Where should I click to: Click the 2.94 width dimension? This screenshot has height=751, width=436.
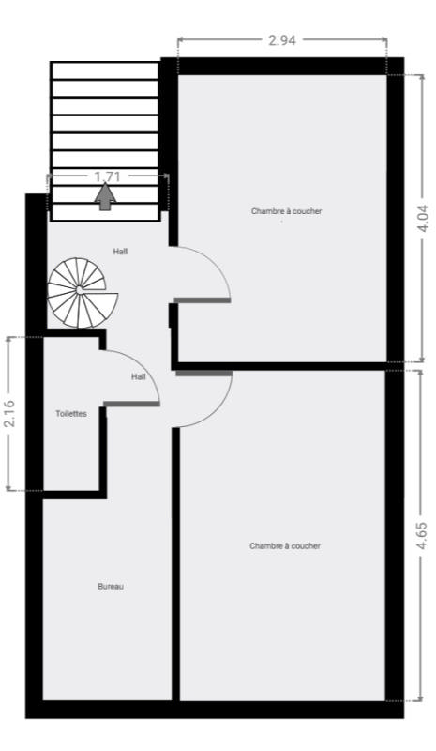tap(282, 40)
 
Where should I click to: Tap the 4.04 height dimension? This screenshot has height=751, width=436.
tap(423, 219)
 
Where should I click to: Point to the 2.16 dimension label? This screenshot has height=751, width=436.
tap(9, 413)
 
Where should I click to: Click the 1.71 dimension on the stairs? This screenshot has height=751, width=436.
tap(107, 176)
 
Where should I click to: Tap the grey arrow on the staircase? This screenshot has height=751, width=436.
tap(105, 196)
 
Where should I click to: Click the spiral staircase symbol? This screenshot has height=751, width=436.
tap(83, 293)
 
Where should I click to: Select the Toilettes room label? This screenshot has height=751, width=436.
tap(71, 414)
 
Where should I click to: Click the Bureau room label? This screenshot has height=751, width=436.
tap(111, 586)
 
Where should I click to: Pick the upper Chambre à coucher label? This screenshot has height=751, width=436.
tap(286, 211)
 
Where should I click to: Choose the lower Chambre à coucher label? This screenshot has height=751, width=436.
tap(285, 546)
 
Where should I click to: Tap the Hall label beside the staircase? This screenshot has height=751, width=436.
tap(120, 252)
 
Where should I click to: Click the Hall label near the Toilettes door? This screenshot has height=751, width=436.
tap(139, 377)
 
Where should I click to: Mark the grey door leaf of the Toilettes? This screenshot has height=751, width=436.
tap(131, 405)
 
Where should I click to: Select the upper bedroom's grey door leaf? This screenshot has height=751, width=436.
tap(202, 300)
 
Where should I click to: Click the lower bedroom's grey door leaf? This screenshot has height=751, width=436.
tap(203, 373)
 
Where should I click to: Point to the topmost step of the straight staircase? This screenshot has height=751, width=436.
tap(105, 70)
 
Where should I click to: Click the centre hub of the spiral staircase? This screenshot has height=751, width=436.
tap(79, 290)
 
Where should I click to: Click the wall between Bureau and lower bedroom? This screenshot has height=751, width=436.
tap(175, 564)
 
